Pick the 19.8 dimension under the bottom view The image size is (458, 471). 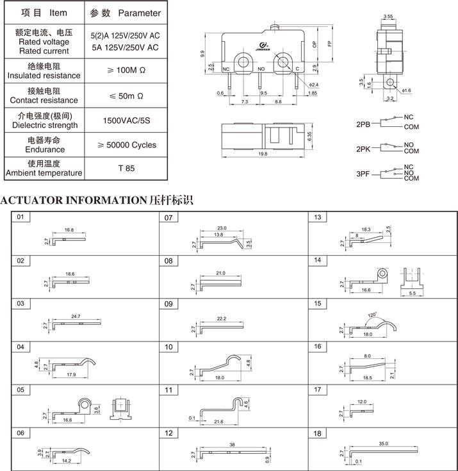click(263, 154)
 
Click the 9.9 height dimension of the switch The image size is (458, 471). click(202, 54)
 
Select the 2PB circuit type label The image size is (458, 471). click(363, 123)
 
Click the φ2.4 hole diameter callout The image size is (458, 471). click(313, 85)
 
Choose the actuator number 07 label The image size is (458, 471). click(169, 218)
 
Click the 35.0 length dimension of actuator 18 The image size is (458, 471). click(383, 443)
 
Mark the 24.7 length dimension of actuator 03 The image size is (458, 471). click(76, 317)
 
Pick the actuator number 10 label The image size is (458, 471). click(169, 347)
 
